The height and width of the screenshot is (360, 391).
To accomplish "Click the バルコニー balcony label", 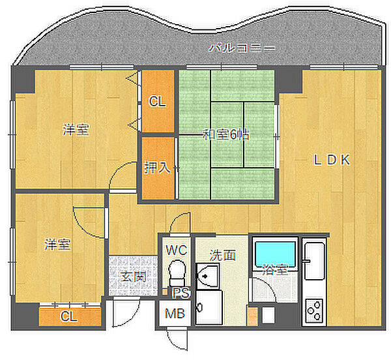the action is click(242, 48).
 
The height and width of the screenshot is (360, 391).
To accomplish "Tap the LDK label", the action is click(332, 160).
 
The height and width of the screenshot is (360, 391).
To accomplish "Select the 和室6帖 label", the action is click(226, 135).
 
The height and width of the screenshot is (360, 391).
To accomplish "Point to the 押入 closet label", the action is click(157, 167).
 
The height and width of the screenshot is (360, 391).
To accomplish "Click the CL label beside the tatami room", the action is click(157, 102).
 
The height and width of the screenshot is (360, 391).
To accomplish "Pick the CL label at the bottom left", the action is click(69, 316).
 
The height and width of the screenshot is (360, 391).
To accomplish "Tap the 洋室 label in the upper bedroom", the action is click(76, 130).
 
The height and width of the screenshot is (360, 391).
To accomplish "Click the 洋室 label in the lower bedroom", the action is click(57, 245).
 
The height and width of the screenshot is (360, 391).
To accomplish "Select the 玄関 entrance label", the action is click(134, 277).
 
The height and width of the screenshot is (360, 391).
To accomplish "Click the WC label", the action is click(177, 250).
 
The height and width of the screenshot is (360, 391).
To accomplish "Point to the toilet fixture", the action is click(177, 273).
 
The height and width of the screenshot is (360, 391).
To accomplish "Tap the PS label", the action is click(181, 293).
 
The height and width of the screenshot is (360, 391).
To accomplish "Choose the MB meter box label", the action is click(175, 313).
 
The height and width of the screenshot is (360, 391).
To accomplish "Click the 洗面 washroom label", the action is click(223, 255).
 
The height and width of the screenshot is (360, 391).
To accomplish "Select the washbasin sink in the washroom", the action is click(208, 276).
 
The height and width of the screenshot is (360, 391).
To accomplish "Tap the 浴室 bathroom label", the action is click(275, 269).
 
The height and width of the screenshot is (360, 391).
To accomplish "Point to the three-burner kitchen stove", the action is click(314, 310).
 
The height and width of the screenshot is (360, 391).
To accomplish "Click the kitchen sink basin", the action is click(314, 262).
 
